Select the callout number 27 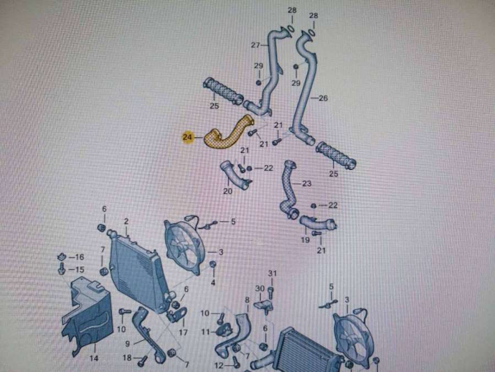pos(255,45)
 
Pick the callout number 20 pos(228,192)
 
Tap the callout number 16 pos(79,257)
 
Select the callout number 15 pos(79,270)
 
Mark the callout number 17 pos(183,332)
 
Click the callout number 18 pos(127,358)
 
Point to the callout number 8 pos(248,300)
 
